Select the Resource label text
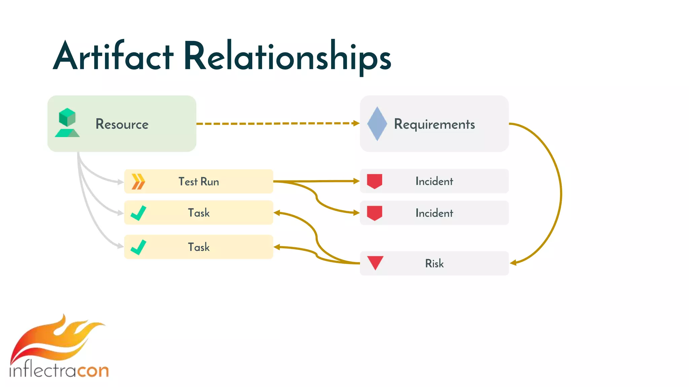[122, 124]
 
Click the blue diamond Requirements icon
[377, 124]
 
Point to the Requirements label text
[434, 124]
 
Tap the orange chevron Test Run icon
[138, 181]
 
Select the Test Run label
[198, 181]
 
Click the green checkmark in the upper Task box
[138, 213]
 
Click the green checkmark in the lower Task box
[138, 247]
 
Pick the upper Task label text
[198, 213]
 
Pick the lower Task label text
[198, 247]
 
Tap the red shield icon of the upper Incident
[374, 181]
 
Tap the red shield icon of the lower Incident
[374, 213]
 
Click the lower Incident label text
[434, 213]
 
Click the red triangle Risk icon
[375, 262]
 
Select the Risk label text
[434, 263]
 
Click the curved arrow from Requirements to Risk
[560, 193]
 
